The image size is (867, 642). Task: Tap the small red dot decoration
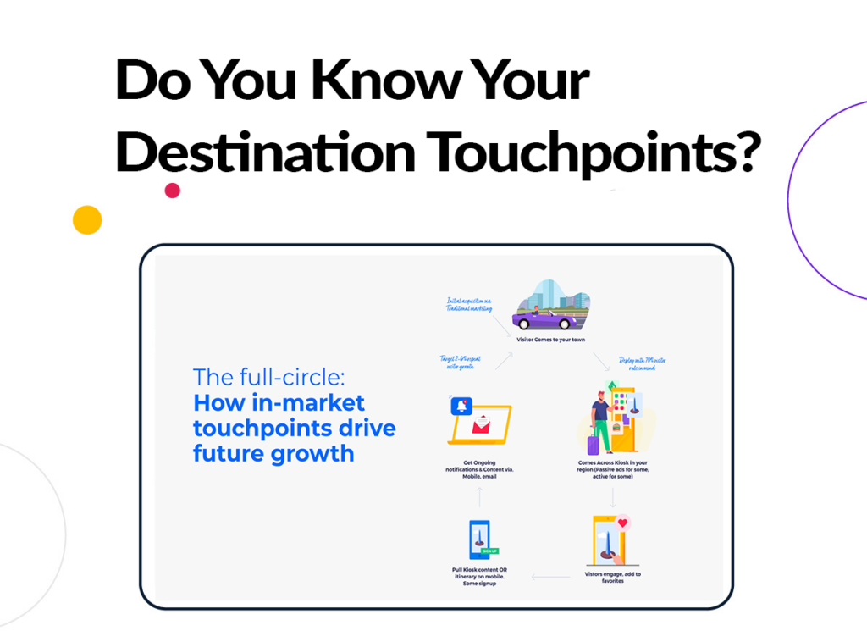pos(173,191)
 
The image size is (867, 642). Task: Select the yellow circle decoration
pos(87,220)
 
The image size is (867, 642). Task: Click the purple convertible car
pos(541,319)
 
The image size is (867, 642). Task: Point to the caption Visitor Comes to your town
pos(550,340)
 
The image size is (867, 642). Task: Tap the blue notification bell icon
pos(462,407)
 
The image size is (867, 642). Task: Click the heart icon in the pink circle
pos(623,523)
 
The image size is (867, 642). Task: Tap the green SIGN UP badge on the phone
pos(489,551)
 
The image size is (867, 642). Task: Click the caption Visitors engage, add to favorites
pos(612,578)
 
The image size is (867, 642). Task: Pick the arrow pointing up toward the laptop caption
pos(479,497)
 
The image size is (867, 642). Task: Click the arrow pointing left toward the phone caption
pos(551,578)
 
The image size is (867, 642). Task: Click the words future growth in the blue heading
pos(273,453)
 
